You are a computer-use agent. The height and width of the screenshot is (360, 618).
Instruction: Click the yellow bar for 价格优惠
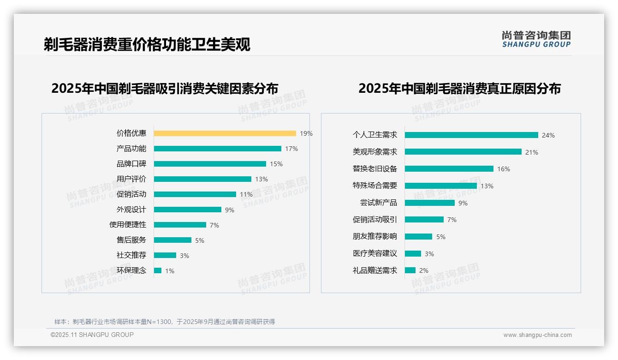[225, 133]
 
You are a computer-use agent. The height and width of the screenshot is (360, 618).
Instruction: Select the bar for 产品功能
[217, 149]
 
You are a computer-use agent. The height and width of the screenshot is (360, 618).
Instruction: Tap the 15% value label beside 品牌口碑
[276, 164]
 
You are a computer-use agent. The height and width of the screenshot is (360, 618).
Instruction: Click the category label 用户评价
[131, 179]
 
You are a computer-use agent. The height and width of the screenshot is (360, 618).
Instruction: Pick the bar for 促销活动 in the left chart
[195, 194]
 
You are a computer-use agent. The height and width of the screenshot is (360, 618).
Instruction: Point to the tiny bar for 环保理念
[158, 270]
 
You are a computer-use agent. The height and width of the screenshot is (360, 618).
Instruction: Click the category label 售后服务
[131, 240]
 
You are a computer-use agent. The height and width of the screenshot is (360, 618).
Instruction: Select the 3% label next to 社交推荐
[184, 256]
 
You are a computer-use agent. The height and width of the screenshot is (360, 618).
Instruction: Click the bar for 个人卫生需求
[471, 135]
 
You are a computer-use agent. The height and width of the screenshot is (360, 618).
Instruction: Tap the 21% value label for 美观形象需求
[531, 152]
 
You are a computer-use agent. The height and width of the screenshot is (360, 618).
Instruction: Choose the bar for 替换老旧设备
[449, 169]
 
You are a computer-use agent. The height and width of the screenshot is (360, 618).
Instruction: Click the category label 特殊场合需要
[374, 186]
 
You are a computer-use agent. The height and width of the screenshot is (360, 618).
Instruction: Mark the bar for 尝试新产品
[429, 203]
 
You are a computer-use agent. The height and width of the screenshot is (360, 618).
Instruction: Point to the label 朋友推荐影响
[374, 236]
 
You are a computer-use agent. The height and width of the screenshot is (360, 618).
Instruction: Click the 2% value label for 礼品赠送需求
[423, 270]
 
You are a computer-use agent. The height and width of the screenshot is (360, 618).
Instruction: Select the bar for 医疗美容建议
[413, 253]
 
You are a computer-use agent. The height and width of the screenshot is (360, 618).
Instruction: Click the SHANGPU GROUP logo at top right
[536, 39]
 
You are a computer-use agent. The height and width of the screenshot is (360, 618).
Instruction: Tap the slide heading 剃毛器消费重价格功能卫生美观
[147, 44]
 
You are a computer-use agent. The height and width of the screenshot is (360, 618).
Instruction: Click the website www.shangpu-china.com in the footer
[537, 335]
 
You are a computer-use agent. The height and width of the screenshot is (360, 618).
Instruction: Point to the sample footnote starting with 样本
[164, 322]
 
